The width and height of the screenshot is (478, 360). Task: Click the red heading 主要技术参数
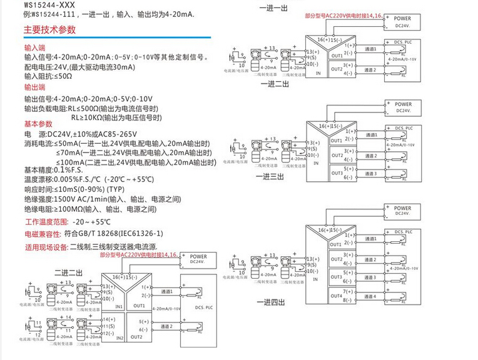coord(49,29)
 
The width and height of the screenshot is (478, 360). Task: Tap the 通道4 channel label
coord(369,296)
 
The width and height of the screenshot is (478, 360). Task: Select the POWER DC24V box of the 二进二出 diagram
coord(197,259)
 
